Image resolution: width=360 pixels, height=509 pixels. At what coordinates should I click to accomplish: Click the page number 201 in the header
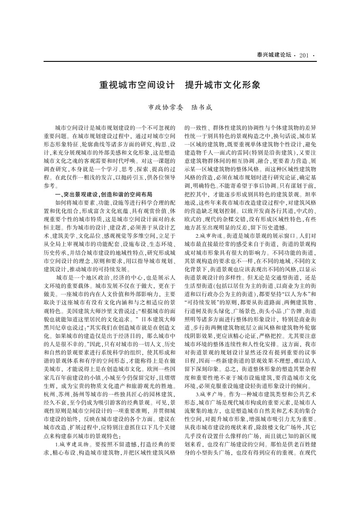304,55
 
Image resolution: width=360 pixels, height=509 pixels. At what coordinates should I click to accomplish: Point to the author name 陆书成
198,108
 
